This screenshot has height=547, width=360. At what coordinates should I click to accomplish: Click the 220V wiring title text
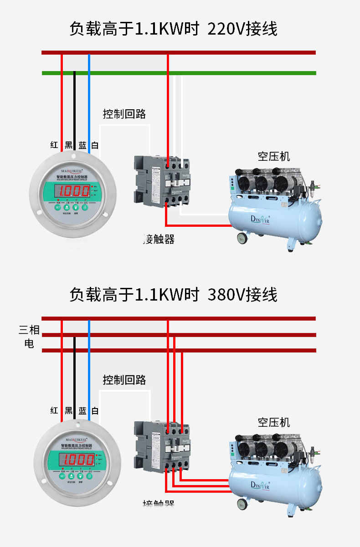[x=173, y=29]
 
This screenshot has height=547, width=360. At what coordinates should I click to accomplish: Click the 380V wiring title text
[x=173, y=295]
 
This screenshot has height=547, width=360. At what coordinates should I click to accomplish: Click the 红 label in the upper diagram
[x=54, y=145]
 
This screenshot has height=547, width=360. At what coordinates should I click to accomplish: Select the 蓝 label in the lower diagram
[x=82, y=411]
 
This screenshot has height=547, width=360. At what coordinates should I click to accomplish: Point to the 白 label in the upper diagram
[x=95, y=145]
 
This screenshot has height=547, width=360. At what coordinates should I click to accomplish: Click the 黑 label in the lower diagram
[x=69, y=411]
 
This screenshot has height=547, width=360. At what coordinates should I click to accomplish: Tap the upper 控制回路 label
[x=124, y=114]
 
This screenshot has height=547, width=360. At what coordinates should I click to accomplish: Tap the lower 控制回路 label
[x=124, y=379]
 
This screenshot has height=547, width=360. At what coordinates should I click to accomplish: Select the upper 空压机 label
[x=273, y=157]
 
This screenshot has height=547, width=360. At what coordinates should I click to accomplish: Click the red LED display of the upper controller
[x=72, y=191]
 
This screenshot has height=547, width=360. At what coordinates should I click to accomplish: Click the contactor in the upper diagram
[x=162, y=181]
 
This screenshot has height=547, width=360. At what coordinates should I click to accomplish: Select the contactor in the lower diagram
[x=162, y=446]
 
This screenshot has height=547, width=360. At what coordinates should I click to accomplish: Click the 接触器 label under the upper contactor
[x=159, y=239]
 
